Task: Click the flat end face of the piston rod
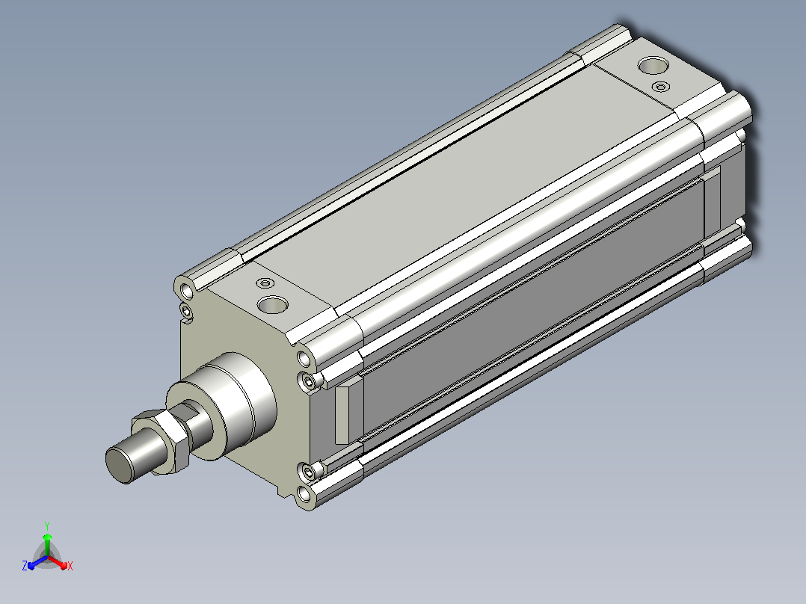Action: pos(118,465)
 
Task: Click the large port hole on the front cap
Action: pos(272,304)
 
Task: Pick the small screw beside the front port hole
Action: pos(265,283)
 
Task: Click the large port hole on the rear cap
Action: pos(653,65)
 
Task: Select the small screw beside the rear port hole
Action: pos(660,87)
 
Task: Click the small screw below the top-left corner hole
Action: pos(185,310)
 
